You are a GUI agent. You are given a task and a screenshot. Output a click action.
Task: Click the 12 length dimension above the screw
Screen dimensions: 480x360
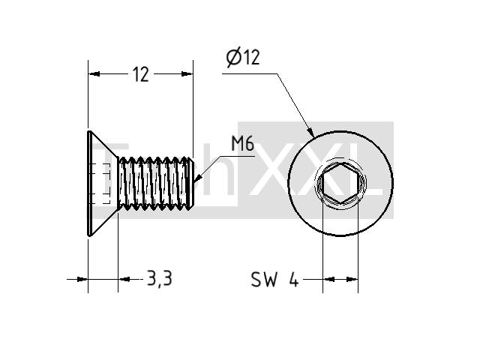[141, 74]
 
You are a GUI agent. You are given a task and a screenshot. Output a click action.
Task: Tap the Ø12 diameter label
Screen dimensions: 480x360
[243, 58]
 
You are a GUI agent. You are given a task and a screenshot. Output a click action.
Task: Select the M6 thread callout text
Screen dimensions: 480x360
[243, 144]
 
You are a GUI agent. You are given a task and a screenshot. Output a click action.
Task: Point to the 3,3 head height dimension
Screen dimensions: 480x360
[160, 278]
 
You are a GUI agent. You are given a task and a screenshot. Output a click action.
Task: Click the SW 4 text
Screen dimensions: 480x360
[274, 279]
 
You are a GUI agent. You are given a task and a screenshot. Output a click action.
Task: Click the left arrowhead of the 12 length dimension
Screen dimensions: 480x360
[94, 73]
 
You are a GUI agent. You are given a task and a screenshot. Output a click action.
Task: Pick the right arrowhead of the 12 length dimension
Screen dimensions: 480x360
[187, 73]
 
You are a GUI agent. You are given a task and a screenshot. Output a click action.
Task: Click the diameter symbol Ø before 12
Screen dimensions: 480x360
[234, 58]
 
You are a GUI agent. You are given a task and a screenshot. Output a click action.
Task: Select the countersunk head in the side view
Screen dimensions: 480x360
[103, 184]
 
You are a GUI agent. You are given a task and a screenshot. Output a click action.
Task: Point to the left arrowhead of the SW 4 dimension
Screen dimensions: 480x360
[328, 279]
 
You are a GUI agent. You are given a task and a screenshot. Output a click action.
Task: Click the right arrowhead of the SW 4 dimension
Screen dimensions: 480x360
[352, 279]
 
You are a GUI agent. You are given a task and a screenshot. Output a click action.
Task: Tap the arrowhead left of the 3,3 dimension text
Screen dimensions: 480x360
[124, 279]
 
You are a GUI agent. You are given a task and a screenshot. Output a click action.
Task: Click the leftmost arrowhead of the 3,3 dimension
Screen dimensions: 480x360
[82, 279]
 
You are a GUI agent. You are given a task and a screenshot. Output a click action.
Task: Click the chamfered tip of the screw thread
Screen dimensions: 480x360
[190, 183]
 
